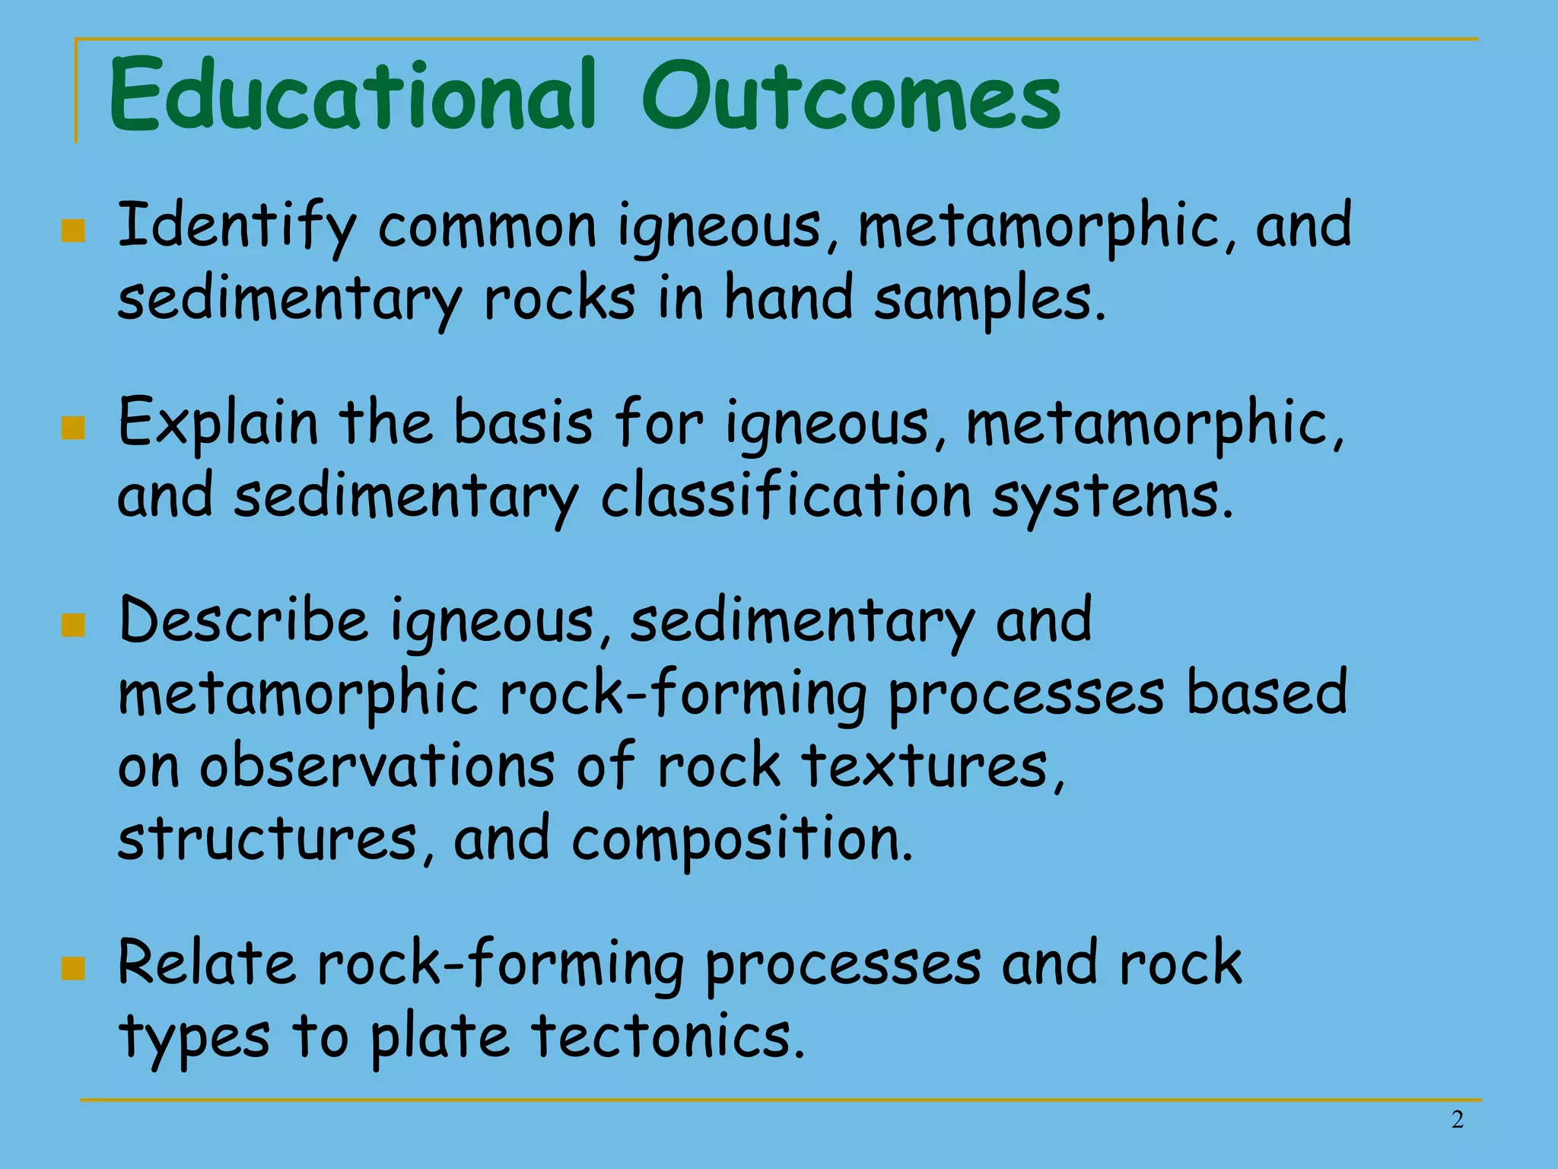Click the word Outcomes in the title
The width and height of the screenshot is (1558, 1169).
[851, 97]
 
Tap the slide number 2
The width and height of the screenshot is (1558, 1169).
[1457, 1120]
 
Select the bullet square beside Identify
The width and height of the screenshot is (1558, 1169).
[73, 230]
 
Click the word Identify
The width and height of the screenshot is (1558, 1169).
[237, 226]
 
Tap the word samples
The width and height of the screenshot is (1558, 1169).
[989, 298]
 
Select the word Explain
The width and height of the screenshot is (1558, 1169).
[218, 423]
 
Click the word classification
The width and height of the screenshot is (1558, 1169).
[786, 496]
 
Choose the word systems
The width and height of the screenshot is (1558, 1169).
[1111, 498]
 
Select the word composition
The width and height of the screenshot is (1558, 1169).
[742, 839]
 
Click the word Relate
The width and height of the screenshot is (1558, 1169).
[206, 964]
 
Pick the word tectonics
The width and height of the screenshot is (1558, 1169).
[667, 1037]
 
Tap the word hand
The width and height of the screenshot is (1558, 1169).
[788, 298]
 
